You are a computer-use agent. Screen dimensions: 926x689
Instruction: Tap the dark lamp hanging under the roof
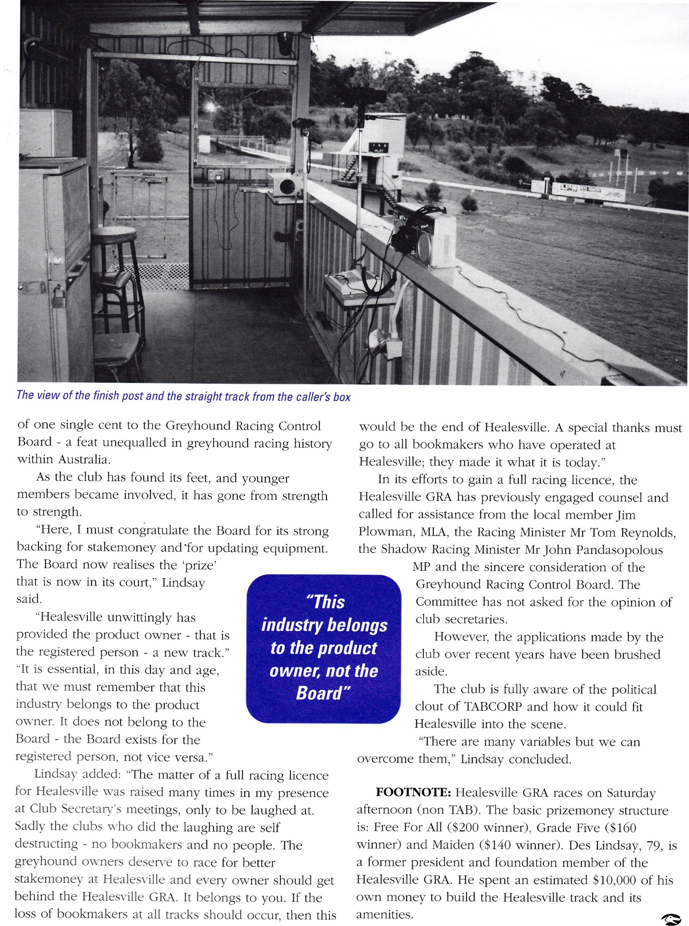coord(285,43)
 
